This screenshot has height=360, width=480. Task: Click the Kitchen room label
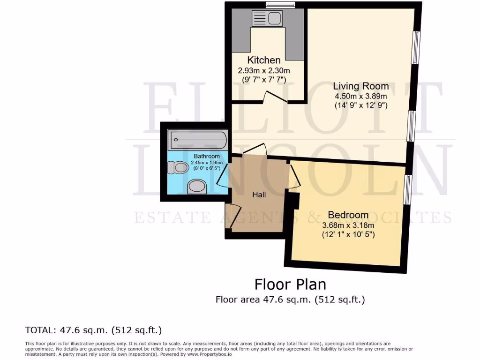(264, 60)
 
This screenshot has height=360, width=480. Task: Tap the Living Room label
(361, 86)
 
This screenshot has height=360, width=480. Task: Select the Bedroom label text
(348, 215)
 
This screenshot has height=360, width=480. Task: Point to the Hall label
(259, 194)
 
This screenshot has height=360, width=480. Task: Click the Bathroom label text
(207, 156)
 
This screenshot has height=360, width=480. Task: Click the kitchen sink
(266, 19)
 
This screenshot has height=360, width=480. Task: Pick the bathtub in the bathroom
(198, 139)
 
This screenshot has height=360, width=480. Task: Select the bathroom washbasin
(197, 187)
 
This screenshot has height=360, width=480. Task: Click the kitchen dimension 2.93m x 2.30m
(264, 70)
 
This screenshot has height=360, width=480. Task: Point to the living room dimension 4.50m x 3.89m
(361, 97)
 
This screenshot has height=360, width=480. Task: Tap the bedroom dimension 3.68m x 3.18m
(348, 225)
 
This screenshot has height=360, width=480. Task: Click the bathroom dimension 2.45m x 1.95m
(207, 163)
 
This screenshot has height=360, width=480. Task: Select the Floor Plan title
(290, 284)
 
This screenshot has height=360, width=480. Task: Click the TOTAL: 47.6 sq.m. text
(93, 330)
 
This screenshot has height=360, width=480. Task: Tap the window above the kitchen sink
(280, 5)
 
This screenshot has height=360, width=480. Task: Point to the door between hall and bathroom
(223, 176)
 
